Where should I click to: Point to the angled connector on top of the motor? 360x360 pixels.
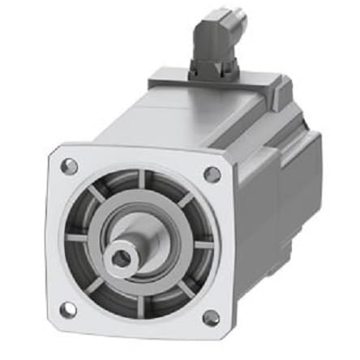click(x=212, y=41)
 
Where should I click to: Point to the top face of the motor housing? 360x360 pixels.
click(x=203, y=122)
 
